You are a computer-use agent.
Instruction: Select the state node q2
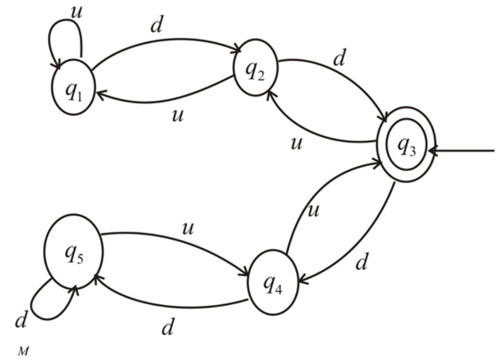click(255, 72)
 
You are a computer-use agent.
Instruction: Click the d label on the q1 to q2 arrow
click(156, 27)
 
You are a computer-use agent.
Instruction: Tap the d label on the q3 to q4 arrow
click(362, 264)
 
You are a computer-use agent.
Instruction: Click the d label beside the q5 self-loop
click(20, 322)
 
